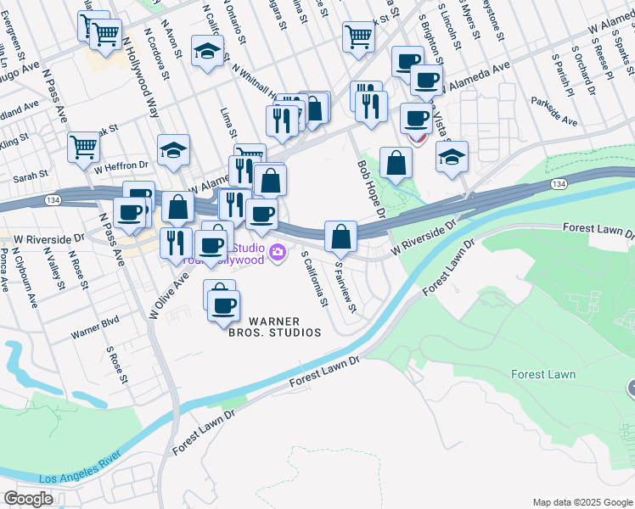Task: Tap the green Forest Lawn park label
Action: (x=543, y=374)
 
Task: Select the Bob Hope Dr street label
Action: (x=372, y=188)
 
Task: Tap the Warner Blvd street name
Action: (x=95, y=328)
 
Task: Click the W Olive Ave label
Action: (x=168, y=295)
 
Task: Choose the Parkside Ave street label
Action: (x=554, y=111)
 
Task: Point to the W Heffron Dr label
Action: (x=121, y=167)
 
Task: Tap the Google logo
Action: (x=29, y=498)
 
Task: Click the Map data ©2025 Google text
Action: (x=582, y=502)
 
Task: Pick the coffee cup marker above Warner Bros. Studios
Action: (x=224, y=305)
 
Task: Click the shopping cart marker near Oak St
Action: (x=83, y=147)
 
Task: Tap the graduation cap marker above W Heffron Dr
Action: (x=173, y=149)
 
